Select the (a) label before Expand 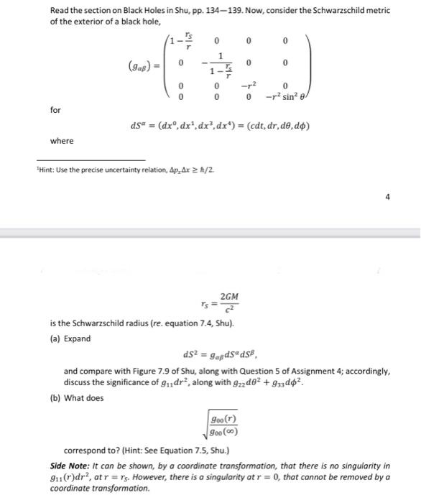click(55, 338)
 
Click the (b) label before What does click(55, 397)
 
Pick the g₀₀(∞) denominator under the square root click(223, 432)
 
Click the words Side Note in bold click(70, 466)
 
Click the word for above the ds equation click(55, 110)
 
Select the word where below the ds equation click(61, 141)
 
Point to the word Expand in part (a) click(78, 338)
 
